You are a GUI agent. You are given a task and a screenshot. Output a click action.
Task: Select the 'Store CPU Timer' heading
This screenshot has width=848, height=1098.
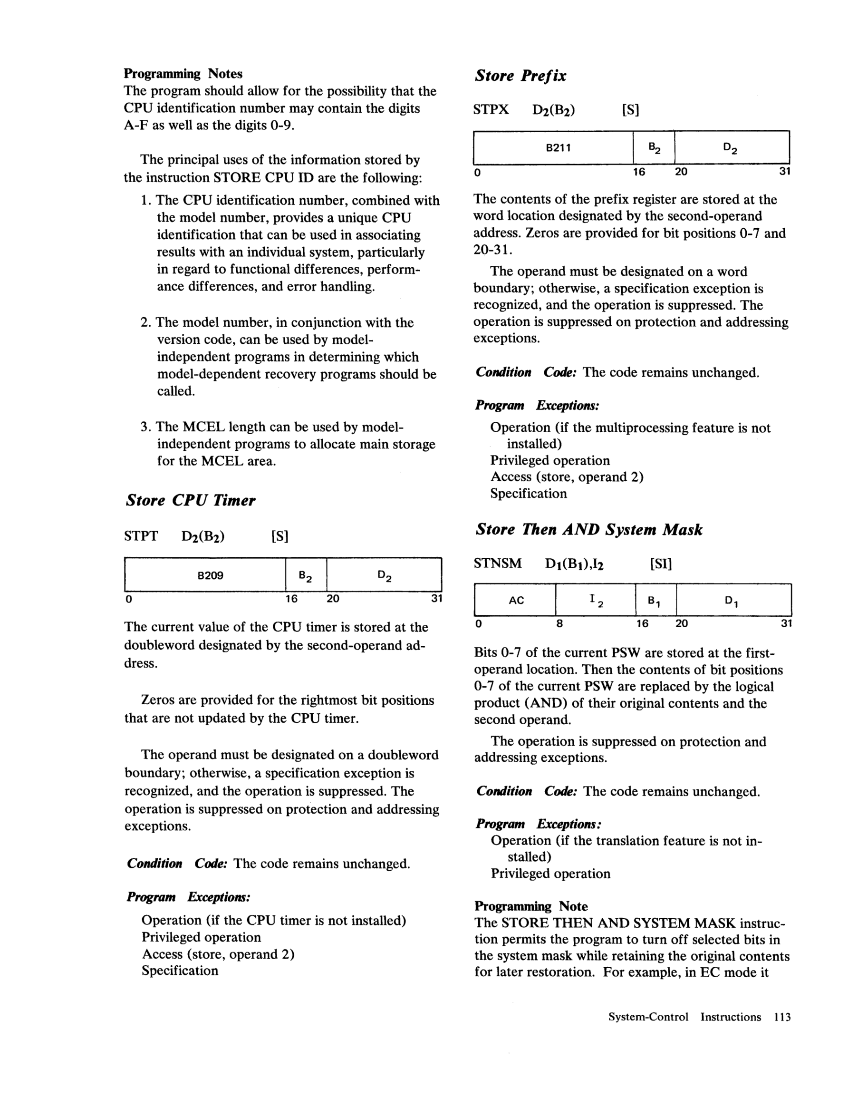(191, 500)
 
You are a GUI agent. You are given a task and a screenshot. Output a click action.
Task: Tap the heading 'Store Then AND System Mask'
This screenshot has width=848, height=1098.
(588, 529)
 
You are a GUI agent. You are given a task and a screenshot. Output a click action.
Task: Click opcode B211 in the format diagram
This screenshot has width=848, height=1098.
(558, 148)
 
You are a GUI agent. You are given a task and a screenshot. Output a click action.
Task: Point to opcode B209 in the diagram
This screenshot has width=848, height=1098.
(210, 575)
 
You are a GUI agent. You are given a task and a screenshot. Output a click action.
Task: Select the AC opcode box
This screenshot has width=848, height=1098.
(516, 600)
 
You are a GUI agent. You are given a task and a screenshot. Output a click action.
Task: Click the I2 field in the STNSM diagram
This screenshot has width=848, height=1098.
(596, 600)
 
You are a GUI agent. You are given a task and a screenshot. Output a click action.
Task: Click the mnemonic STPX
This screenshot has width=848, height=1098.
(491, 109)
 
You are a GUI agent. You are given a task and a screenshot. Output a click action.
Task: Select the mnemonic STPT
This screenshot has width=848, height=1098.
(141, 536)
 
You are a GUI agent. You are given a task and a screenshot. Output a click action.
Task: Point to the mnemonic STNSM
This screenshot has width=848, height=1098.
(498, 563)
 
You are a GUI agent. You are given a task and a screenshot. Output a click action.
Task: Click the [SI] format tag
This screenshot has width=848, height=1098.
(661, 564)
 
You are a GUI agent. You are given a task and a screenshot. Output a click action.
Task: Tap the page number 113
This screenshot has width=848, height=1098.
(782, 1017)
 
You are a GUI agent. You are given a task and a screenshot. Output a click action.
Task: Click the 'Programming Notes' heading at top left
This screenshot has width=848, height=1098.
(183, 74)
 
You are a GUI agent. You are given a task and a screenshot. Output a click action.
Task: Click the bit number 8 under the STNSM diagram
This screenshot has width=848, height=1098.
(559, 624)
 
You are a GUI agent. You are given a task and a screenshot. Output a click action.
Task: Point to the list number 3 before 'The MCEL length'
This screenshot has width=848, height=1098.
(145, 427)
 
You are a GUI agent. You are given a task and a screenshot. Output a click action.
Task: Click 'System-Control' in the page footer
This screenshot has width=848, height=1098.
(648, 1017)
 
